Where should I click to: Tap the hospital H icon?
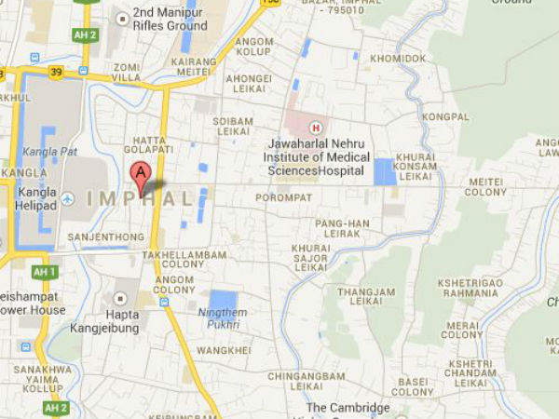(316, 127)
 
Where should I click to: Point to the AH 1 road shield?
(44, 272)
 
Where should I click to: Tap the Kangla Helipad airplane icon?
(68, 198)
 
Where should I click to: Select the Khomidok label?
(398, 58)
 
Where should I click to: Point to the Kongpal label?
(444, 117)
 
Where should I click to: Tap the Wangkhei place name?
(225, 350)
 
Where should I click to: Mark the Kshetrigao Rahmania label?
(469, 288)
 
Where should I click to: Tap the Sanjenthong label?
(105, 237)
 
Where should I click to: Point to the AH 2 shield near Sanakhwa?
(56, 408)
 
